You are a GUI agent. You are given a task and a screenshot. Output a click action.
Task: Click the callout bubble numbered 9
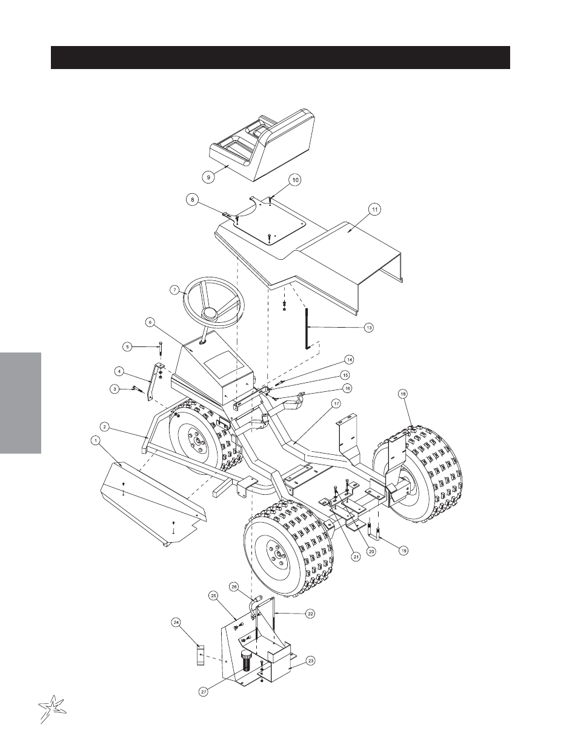click(208, 177)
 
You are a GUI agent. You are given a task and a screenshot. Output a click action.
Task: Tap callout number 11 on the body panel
click(375, 209)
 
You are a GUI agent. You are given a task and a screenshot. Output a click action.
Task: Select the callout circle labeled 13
click(369, 327)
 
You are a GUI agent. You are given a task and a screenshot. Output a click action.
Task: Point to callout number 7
click(175, 290)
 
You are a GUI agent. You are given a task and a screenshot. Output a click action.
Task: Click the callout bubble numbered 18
click(403, 394)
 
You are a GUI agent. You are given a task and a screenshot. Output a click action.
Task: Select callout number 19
click(404, 551)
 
